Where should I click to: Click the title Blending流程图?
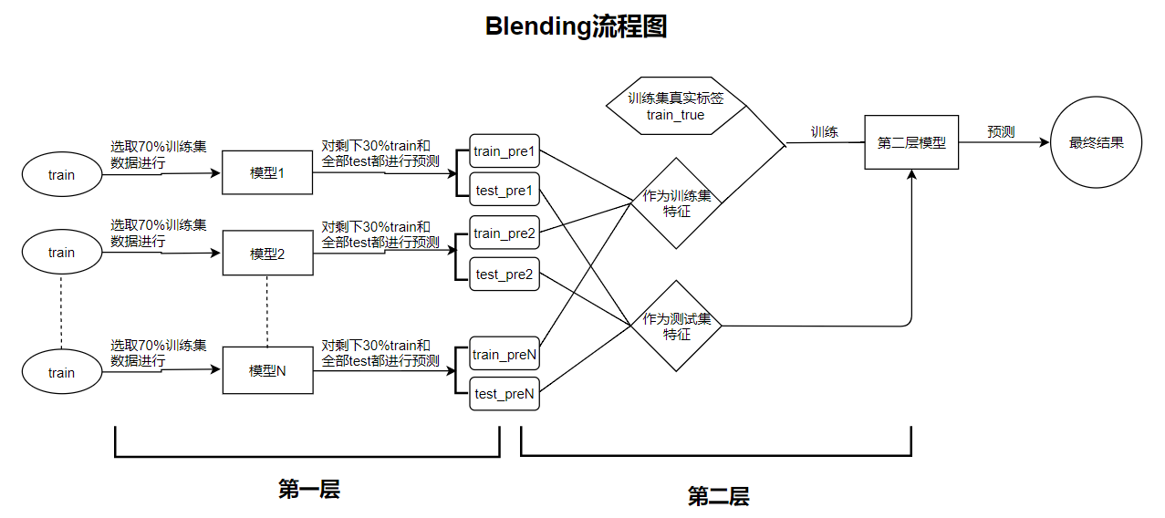pyautogui.click(x=576, y=26)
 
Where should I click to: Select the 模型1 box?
pyautogui.click(x=267, y=172)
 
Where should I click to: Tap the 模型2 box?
pyautogui.click(x=267, y=254)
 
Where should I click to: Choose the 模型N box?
pyautogui.click(x=267, y=370)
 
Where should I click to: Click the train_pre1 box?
pyautogui.click(x=504, y=151)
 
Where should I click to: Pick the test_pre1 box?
pyautogui.click(x=504, y=192)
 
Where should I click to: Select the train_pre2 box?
pyautogui.click(x=504, y=233)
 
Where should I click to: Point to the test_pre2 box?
pyautogui.click(x=504, y=274)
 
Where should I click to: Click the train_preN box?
pyautogui.click(x=504, y=355)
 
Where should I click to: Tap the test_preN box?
pyautogui.click(x=504, y=394)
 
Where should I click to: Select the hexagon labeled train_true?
pyautogui.click(x=676, y=107)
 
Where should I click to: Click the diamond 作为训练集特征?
pyautogui.click(x=676, y=203)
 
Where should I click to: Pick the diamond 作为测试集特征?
pyautogui.click(x=676, y=326)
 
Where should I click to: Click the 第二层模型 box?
pyautogui.click(x=911, y=142)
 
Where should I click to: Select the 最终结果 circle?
pyautogui.click(x=1096, y=142)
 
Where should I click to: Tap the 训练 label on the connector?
pyautogui.click(x=825, y=132)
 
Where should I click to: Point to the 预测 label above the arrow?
pyautogui.click(x=1001, y=132)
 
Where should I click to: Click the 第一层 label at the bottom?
pyautogui.click(x=308, y=490)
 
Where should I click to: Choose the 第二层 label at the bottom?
pyautogui.click(x=718, y=497)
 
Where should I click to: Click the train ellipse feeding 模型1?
pyautogui.click(x=61, y=174)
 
